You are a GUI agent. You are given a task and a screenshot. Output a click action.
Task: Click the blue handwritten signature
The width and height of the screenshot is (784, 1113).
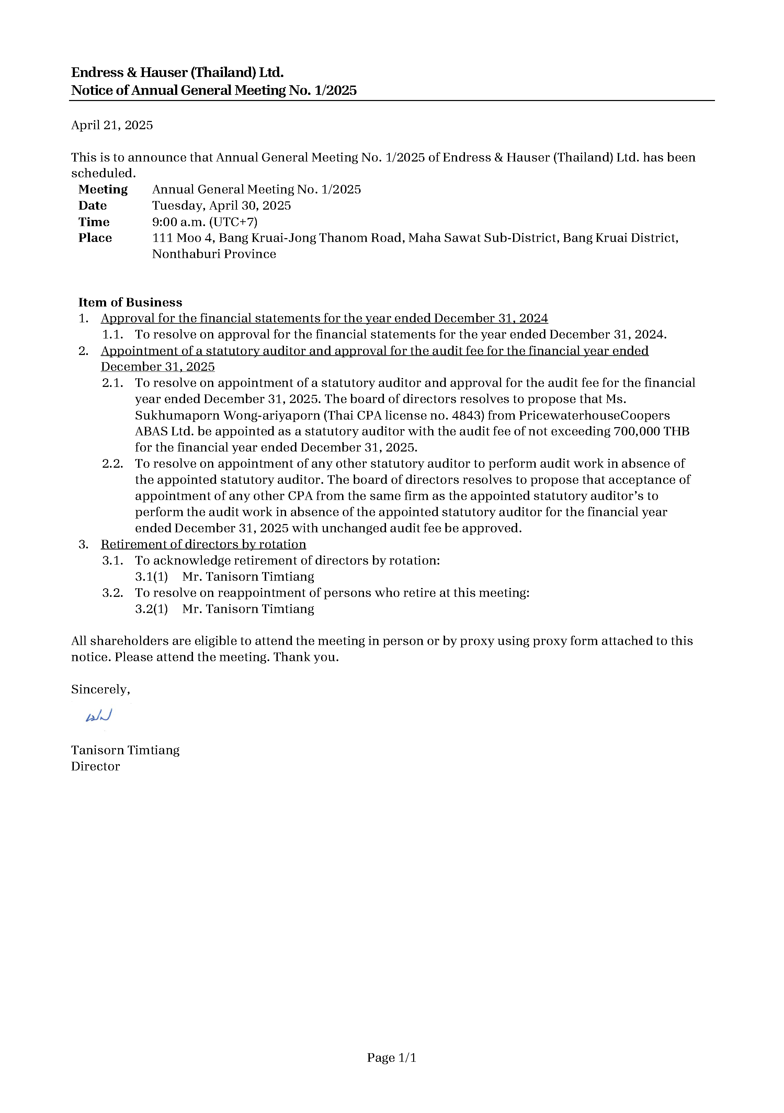click(x=99, y=715)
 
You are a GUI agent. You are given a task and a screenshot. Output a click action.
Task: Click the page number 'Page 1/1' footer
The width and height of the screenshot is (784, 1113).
click(x=391, y=1057)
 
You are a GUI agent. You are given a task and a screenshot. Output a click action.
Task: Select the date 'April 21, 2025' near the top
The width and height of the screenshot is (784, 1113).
click(x=112, y=125)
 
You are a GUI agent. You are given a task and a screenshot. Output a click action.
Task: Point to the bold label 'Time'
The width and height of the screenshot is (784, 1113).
click(x=94, y=222)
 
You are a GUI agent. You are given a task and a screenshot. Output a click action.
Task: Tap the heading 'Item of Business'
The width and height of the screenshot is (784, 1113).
click(x=130, y=302)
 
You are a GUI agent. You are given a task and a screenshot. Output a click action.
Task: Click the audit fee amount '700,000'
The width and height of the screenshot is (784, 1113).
click(x=636, y=432)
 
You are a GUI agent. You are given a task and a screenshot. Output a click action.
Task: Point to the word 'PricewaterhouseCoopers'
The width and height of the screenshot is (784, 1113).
click(x=594, y=415)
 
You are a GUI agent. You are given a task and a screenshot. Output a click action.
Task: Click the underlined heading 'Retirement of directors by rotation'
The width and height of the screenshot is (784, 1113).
click(x=203, y=544)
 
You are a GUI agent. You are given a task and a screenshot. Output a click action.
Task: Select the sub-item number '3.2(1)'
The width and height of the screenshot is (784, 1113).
click(x=151, y=609)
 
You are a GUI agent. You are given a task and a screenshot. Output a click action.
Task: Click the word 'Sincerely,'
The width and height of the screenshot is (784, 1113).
click(x=100, y=689)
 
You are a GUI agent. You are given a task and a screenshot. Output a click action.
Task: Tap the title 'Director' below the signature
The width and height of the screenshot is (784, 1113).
click(x=95, y=766)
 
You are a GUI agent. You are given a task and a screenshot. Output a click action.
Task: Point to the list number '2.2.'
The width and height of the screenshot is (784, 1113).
click(x=112, y=464)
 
